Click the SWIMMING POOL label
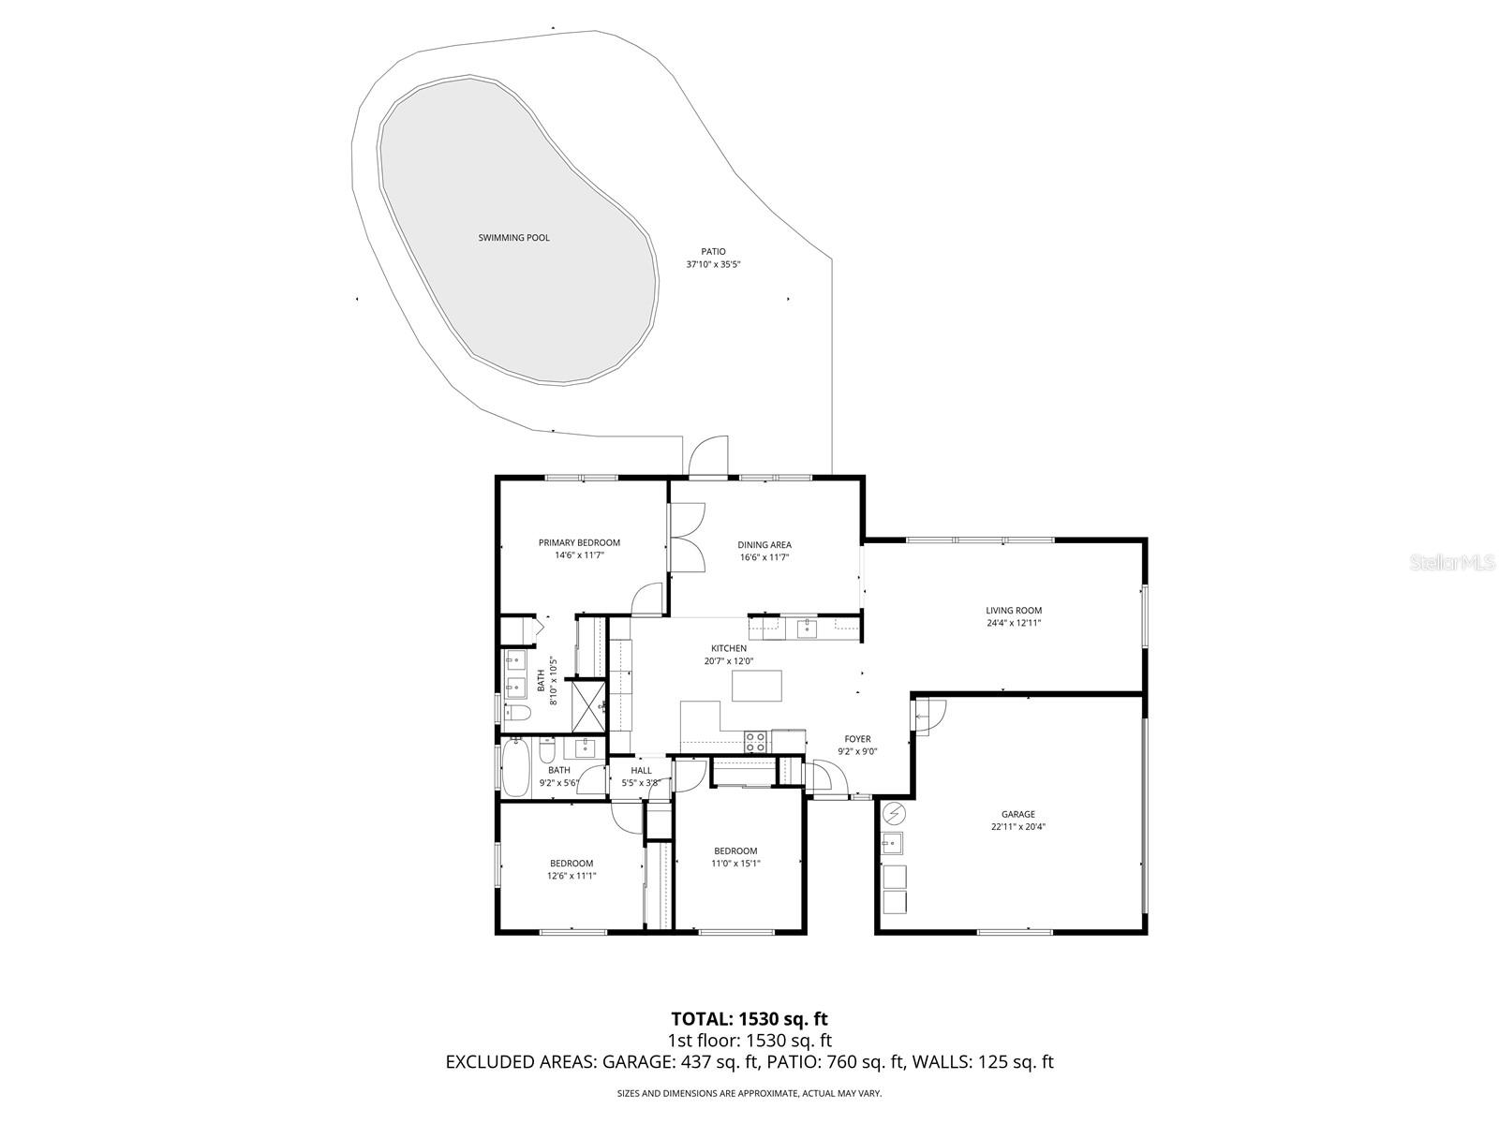pos(513,238)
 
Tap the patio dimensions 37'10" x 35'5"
pos(713,264)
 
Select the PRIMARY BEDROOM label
pos(579,542)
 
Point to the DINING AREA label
pos(764,544)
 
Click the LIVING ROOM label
pos(1014,611)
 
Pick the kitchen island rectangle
pos(756,687)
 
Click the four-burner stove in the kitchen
pos(756,741)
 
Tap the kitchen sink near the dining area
pos(808,629)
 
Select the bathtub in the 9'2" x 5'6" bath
pos(516,767)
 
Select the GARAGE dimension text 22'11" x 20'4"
pos(1017,827)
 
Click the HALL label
pos(641,771)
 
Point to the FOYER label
pos(857,739)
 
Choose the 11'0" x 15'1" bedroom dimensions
pos(735,864)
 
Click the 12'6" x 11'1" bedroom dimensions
pos(571,876)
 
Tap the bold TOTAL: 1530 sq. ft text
pos(749,1018)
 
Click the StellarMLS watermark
pos(1458,563)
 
